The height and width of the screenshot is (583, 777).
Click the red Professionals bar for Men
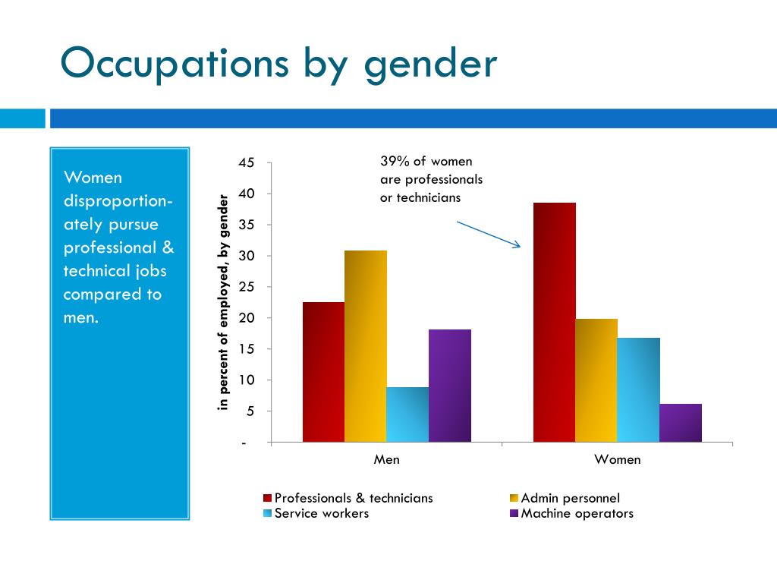click(323, 372)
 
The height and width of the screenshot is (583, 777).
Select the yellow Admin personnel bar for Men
click(366, 346)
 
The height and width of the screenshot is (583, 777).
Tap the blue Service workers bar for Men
click(407, 414)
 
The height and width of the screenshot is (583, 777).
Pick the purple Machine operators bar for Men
click(450, 386)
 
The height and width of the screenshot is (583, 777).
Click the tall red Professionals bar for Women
click(555, 322)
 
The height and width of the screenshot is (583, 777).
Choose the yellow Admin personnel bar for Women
click(596, 380)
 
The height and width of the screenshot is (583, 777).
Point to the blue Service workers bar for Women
click(639, 389)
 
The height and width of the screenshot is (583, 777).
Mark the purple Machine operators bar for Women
click(681, 423)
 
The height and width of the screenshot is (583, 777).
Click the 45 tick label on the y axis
click(247, 162)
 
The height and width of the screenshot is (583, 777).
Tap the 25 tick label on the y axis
click(247, 286)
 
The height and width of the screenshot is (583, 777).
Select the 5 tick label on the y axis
click(250, 411)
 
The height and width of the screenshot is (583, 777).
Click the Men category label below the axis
click(386, 459)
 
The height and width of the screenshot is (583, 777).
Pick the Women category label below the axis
click(618, 459)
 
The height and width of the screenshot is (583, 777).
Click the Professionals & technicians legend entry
click(348, 498)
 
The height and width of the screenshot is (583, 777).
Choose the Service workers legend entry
click(316, 513)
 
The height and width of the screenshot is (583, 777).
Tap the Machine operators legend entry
click(572, 513)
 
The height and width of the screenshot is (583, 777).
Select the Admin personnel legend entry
click(565, 498)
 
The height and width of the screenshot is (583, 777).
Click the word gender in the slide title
click(431, 65)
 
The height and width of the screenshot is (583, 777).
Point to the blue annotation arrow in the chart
click(489, 235)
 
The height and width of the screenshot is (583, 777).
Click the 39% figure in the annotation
click(395, 161)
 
